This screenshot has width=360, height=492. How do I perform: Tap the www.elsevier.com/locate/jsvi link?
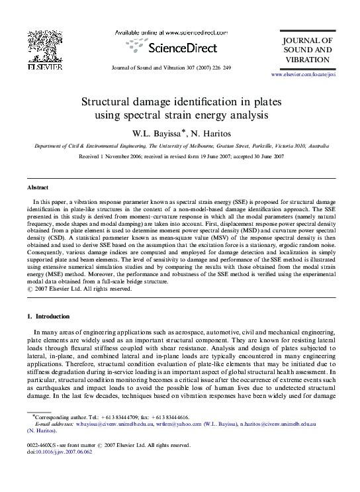306,77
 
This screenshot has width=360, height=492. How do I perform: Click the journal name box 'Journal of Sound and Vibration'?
306,50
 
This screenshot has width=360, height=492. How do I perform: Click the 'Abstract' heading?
38,188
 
